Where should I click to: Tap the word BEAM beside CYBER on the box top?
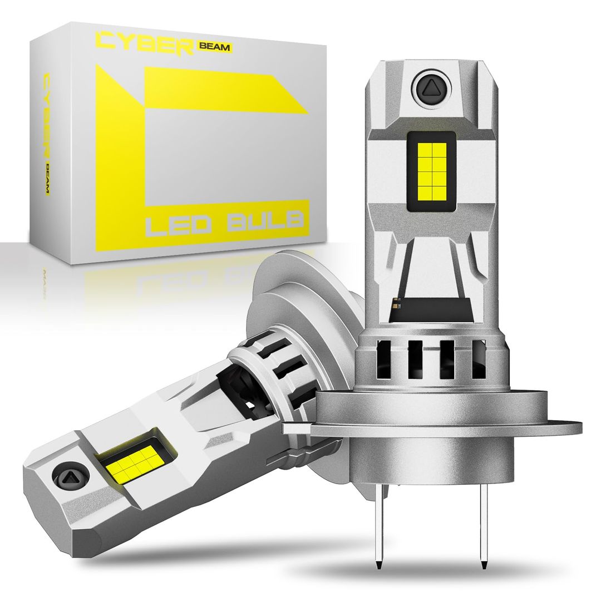pyautogui.click(x=214, y=47)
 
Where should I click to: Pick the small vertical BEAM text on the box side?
pyautogui.click(x=47, y=179)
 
